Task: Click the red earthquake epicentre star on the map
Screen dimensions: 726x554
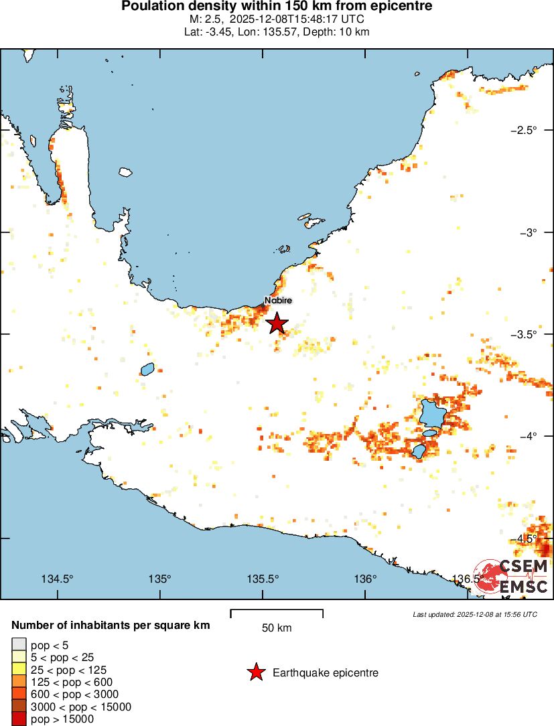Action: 277,323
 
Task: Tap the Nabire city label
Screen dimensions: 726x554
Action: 278,301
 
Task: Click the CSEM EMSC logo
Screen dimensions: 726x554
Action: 513,576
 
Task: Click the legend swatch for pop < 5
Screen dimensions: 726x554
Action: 19,645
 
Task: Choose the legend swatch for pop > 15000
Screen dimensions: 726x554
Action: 19,719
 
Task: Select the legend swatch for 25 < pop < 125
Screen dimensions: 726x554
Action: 19,670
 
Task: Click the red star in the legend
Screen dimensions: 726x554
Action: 255,672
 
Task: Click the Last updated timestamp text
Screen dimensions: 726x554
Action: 475,613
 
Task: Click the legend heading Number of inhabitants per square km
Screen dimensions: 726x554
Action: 111,626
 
